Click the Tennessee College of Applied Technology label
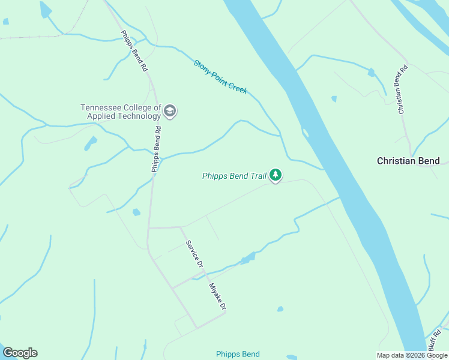[x=121, y=112]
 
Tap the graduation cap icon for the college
[x=170, y=111]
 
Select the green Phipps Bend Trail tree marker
[x=276, y=175]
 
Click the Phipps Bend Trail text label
[x=234, y=176]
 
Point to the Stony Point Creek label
[x=220, y=76]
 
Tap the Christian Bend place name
[x=408, y=161]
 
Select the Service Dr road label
[x=194, y=254]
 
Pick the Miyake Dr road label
[x=217, y=296]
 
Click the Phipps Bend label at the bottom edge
[x=238, y=354]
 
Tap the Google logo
[x=20, y=353]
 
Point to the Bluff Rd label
[x=435, y=340]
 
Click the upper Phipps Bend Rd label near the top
[x=134, y=52]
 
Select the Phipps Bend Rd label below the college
[x=156, y=149]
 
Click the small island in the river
[x=306, y=132]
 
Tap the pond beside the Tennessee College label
[x=91, y=143]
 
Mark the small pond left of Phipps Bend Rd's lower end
[x=136, y=212]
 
